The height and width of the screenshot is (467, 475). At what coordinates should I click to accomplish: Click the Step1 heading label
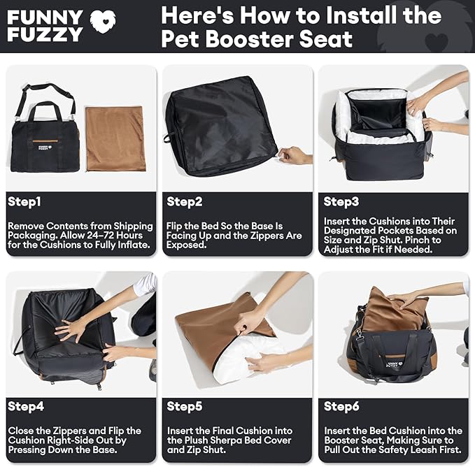pyautogui.click(x=24, y=202)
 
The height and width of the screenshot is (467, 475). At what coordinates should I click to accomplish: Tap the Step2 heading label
pyautogui.click(x=184, y=202)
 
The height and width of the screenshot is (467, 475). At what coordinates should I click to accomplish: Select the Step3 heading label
pyautogui.click(x=341, y=202)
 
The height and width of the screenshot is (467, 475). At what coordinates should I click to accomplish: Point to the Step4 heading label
pyautogui.click(x=26, y=406)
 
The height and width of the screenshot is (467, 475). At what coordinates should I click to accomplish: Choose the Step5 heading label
pyautogui.click(x=184, y=406)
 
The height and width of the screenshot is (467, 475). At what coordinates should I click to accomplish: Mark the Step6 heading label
pyautogui.click(x=341, y=406)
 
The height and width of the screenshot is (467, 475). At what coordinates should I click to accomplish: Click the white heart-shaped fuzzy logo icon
pyautogui.click(x=103, y=22)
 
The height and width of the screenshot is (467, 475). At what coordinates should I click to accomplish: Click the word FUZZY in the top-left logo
pyautogui.click(x=45, y=34)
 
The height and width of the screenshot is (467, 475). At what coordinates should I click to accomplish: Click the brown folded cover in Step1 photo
pyautogui.click(x=115, y=139)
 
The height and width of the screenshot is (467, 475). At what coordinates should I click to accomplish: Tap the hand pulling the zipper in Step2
pyautogui.click(x=295, y=156)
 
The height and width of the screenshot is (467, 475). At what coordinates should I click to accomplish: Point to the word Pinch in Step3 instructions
pyautogui.click(x=417, y=240)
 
